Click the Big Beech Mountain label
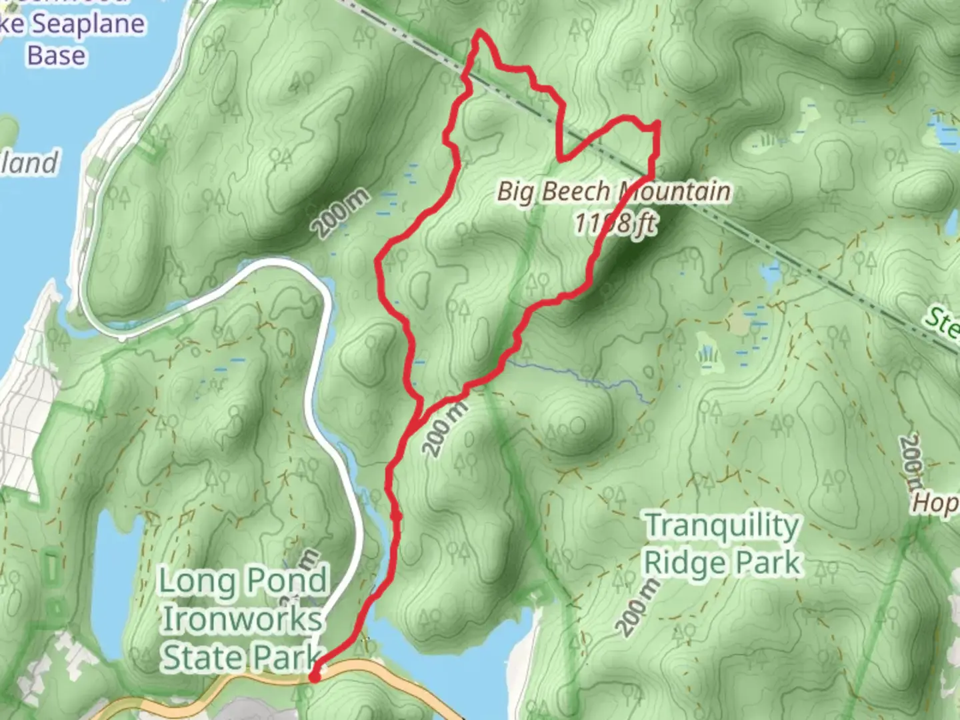coord(613,192)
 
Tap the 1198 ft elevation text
coord(615,223)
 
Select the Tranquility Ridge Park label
coord(722,544)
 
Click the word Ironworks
coord(242,619)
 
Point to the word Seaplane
coord(89,25)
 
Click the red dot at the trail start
coord(314,677)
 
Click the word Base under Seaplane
coord(56,55)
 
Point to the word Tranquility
coord(722,525)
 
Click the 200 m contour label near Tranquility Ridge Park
coord(638,607)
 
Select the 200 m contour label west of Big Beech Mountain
coord(341,213)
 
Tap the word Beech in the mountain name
coord(576,192)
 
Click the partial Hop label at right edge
coord(936,503)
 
